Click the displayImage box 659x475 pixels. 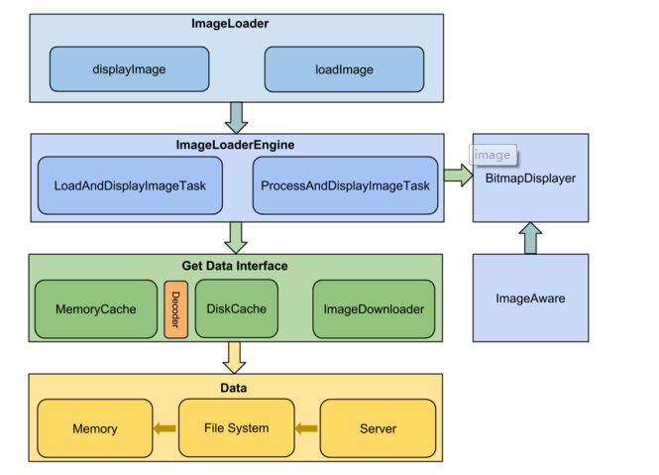pyautogui.click(x=129, y=69)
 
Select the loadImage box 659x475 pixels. pyautogui.click(x=344, y=69)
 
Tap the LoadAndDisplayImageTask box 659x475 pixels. pyautogui.click(x=130, y=185)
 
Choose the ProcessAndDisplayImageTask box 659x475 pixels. pyautogui.click(x=345, y=185)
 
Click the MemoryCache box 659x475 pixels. pyautogui.click(x=96, y=309)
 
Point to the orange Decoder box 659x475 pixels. pyautogui.click(x=175, y=309)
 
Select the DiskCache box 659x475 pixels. pyautogui.click(x=237, y=308)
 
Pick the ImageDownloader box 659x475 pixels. pyautogui.click(x=374, y=309)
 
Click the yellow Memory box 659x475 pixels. pyautogui.click(x=95, y=428)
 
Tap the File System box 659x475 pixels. pyautogui.click(x=236, y=428)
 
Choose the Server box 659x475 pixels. pyautogui.click(x=378, y=428)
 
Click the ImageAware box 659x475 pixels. pyautogui.click(x=530, y=297)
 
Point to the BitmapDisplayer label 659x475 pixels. pyautogui.click(x=530, y=178)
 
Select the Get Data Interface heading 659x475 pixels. pyautogui.click(x=235, y=266)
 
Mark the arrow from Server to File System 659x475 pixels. pyautogui.click(x=306, y=428)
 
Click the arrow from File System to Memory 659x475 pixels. pyautogui.click(x=165, y=428)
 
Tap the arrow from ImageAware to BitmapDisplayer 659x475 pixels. pyautogui.click(x=530, y=238)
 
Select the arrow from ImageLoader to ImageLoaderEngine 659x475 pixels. pyautogui.click(x=236, y=116)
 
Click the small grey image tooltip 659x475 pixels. pyautogui.click(x=493, y=155)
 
